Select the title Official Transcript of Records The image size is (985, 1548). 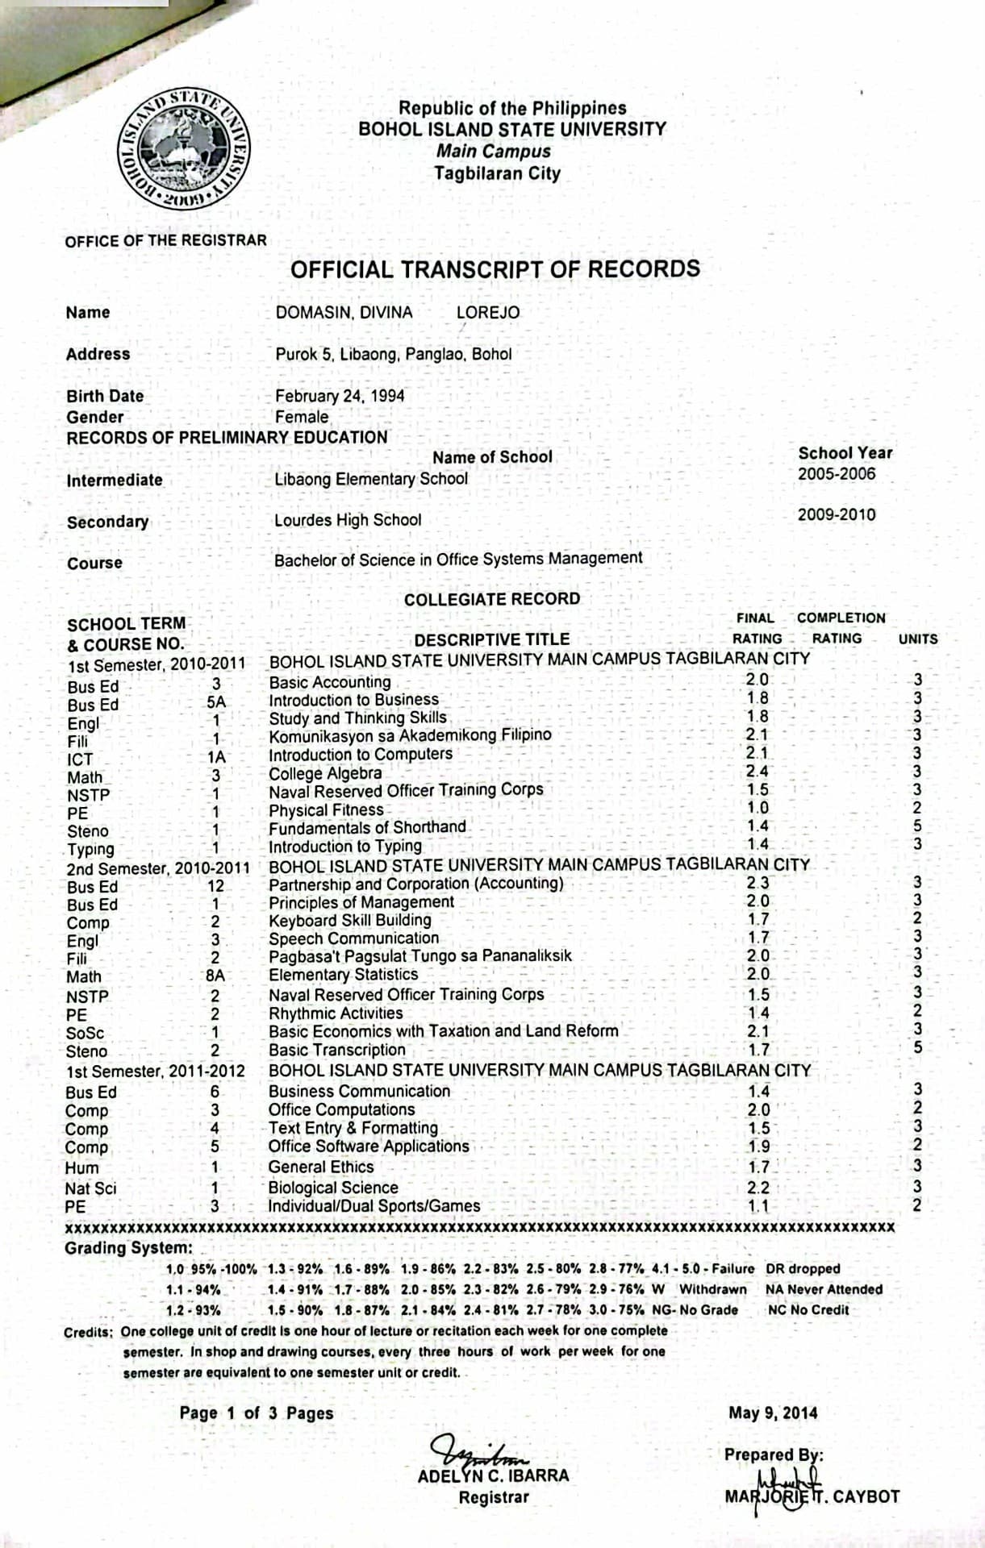tap(495, 268)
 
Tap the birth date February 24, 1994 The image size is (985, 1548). tap(340, 396)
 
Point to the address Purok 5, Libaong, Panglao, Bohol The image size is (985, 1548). tap(393, 354)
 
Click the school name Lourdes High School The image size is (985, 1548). tap(348, 520)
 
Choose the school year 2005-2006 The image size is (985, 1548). tap(837, 474)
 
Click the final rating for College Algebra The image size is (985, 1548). tap(757, 772)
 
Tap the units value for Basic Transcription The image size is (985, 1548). tap(917, 1048)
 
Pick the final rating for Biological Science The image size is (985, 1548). tap(758, 1188)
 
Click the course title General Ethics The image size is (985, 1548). tap(321, 1167)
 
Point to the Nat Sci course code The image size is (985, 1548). tap(90, 1188)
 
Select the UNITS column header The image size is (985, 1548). tap(918, 639)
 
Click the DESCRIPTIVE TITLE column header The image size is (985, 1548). tap(491, 640)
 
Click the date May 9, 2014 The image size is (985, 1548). tap(772, 1413)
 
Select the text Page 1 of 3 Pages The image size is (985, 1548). tap(257, 1413)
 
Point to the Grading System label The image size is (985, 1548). tap(127, 1249)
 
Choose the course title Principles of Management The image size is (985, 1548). tap(361, 902)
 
